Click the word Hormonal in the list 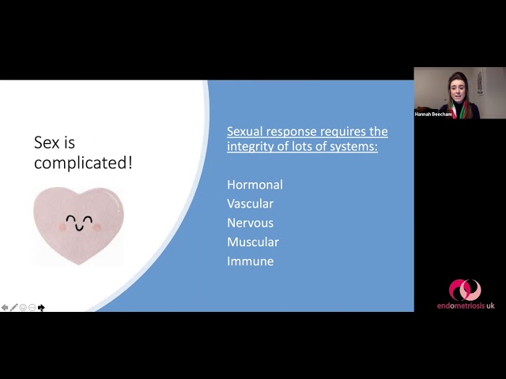tap(255, 185)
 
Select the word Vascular tap(250, 204)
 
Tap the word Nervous tap(250, 223)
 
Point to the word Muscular tap(253, 242)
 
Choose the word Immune tap(251, 261)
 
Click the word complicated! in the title tap(83, 163)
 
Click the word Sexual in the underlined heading tap(245, 132)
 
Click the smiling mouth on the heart tap(79, 228)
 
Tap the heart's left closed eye tap(71, 220)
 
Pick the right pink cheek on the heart tap(96, 227)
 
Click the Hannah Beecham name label tap(433, 114)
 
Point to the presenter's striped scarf tap(459, 111)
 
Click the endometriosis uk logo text tap(466, 306)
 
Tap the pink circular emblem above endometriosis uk tap(465, 290)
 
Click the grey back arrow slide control tap(5, 307)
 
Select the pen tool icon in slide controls tap(13, 307)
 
